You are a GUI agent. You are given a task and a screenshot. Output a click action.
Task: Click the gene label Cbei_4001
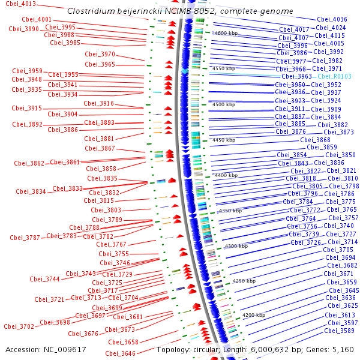click(37, 20)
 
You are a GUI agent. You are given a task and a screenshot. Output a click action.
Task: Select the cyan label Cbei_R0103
click(334, 76)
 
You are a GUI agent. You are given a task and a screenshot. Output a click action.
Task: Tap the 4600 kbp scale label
click(226, 33)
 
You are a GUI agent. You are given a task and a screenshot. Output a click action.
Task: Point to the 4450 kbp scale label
click(224, 140)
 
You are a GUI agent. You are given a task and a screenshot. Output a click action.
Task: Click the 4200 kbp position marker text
click(254, 315)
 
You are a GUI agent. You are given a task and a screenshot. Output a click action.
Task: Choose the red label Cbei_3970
click(100, 54)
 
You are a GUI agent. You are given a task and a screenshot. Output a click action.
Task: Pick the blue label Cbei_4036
click(332, 19)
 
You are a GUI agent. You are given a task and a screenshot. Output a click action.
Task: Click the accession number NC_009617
click(65, 350)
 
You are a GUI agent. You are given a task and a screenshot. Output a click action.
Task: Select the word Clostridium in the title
click(91, 11)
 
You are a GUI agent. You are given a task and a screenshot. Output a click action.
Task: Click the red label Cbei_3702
click(19, 326)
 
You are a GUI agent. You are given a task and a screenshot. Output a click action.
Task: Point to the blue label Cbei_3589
click(340, 331)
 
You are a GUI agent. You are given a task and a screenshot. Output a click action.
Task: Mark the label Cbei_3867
click(100, 148)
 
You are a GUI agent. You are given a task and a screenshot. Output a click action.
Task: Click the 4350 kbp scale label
click(230, 211)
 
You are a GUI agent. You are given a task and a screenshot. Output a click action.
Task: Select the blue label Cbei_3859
click(322, 147)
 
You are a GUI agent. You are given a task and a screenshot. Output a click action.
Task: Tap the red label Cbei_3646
click(121, 353)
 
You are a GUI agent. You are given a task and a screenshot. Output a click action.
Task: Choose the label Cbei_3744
click(45, 279)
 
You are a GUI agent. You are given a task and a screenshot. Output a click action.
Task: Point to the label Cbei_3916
click(99, 103)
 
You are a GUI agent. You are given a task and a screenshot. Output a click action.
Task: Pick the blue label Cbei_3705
click(338, 250)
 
